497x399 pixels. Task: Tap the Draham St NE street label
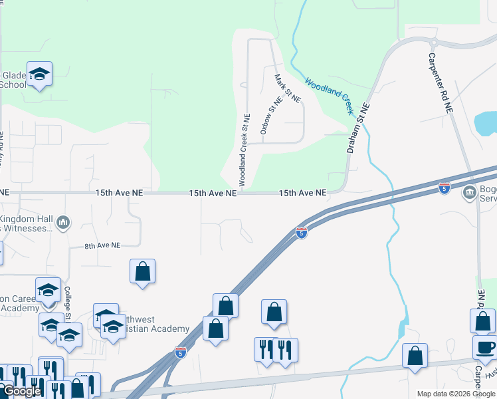tap(357, 128)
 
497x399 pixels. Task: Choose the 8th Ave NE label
tap(102, 245)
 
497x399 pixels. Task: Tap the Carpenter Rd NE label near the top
tap(440, 82)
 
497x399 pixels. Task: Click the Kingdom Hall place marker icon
tap(63, 221)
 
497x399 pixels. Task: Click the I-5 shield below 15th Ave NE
tap(301, 233)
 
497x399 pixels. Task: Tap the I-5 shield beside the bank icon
tap(445, 189)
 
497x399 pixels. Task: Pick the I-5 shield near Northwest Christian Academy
tap(180, 352)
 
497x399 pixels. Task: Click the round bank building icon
tap(469, 192)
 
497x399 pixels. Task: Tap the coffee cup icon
tap(485, 346)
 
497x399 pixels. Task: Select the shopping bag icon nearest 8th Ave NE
tap(142, 271)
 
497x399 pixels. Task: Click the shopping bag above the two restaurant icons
tap(274, 313)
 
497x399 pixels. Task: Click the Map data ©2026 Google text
tap(455, 394)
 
